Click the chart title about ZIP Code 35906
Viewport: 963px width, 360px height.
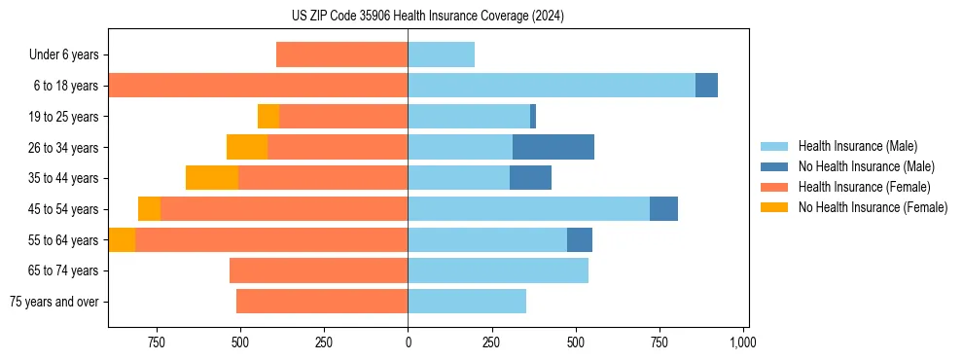427,16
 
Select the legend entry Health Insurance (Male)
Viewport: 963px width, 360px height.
857,146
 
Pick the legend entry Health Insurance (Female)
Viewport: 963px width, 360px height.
864,187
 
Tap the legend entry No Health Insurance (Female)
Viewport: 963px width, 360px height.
873,207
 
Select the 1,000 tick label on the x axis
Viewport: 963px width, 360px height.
743,342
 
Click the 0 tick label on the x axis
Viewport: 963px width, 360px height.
408,342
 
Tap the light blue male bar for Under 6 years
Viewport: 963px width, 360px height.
441,54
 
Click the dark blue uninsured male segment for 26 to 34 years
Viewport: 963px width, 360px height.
553,147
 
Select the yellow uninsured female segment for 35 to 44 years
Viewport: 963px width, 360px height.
212,178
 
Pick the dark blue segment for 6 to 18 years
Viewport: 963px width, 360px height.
706,86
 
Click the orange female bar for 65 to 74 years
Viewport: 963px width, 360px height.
318,270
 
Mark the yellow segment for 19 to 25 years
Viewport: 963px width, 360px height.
268,117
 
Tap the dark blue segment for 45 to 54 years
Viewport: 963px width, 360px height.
663,209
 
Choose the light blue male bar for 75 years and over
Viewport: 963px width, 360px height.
467,302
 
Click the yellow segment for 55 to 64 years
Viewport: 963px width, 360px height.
122,239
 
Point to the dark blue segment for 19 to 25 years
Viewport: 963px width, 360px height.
533,117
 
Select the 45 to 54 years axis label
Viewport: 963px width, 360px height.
63,209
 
